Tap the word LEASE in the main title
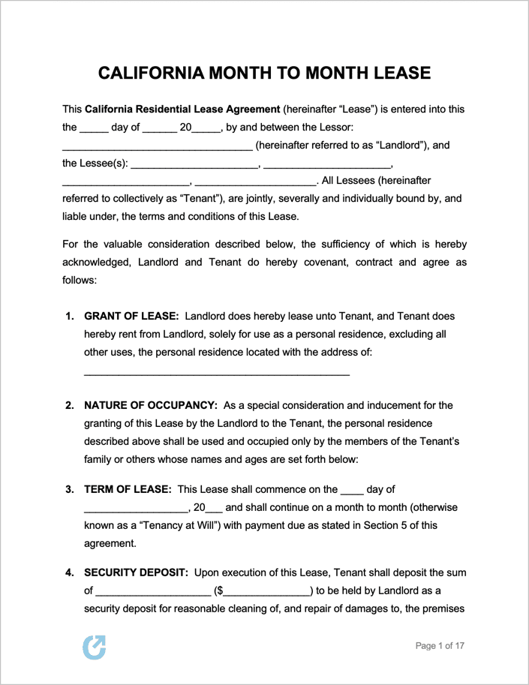pos(397,73)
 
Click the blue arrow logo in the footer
pos(95,647)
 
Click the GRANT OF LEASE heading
pos(131,317)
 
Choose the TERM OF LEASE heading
pos(128,489)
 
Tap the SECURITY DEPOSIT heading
pos(136,572)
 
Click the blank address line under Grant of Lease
pos(216,372)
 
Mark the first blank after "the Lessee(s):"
pos(194,164)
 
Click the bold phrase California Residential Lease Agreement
pos(183,110)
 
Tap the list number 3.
pos(69,489)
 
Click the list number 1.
pos(69,317)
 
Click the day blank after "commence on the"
pos(352,490)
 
